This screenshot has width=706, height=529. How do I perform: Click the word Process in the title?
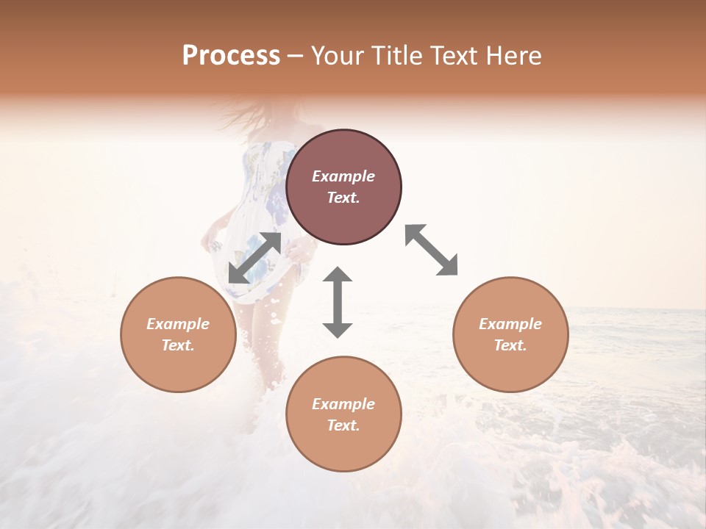coord(231,56)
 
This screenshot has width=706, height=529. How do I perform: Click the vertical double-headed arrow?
coord(338,302)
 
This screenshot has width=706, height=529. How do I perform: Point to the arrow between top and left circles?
coord(254,258)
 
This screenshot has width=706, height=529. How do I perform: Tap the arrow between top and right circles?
coord(431,250)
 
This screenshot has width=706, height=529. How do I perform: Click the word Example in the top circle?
coord(343,176)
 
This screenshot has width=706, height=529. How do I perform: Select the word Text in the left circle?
coord(178,345)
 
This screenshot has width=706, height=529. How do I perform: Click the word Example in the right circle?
coord(510,324)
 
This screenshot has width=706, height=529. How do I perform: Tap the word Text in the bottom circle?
coord(343,425)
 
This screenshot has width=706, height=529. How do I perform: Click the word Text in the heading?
coord(454,56)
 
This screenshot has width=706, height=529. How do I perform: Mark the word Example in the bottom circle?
coord(343,404)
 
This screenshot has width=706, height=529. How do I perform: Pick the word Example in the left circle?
coord(178,324)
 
